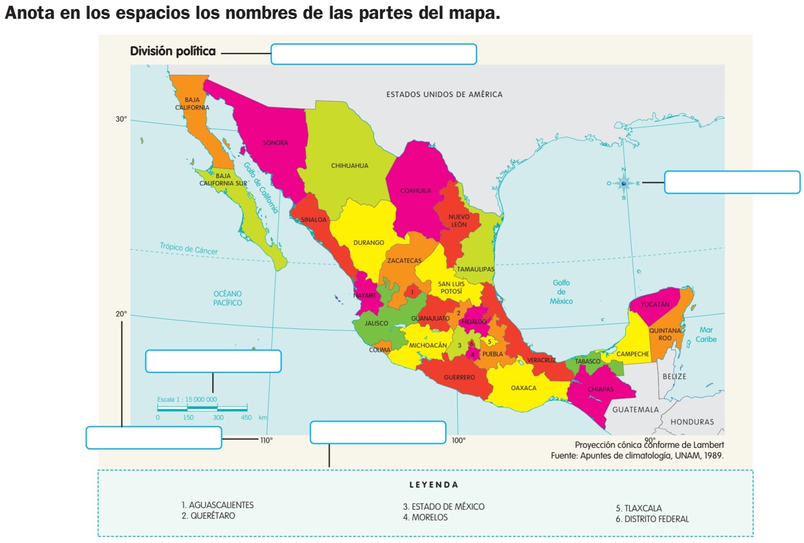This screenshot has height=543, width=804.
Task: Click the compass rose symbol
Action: [x=624, y=183]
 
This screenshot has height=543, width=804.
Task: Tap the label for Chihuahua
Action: [x=350, y=166]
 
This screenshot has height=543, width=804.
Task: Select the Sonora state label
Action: [x=275, y=143]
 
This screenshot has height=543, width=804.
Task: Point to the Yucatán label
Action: [x=655, y=304]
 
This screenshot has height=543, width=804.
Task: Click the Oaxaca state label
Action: [x=524, y=388]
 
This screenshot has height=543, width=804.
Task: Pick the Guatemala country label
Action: [x=635, y=410]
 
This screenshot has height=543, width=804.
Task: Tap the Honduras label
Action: [x=692, y=422]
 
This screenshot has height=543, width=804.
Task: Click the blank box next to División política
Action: [x=373, y=54]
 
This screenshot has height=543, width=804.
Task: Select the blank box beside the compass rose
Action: [x=732, y=182]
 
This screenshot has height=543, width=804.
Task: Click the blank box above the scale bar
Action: [x=213, y=361]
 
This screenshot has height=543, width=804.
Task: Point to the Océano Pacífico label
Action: [x=228, y=298]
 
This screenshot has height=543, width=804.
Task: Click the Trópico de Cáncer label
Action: [x=188, y=248]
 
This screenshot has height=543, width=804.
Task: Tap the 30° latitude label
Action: [x=121, y=119]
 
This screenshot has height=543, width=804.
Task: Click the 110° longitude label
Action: [x=266, y=441]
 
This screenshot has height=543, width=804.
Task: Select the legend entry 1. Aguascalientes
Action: [x=218, y=505]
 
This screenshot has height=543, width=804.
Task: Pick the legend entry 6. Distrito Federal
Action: [x=652, y=519]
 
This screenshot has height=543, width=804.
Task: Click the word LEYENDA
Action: [x=434, y=485]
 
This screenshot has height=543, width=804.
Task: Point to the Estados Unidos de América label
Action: [x=444, y=94]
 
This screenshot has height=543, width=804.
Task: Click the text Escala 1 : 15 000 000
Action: [x=187, y=400]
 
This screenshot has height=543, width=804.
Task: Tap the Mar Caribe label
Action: [x=706, y=335]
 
